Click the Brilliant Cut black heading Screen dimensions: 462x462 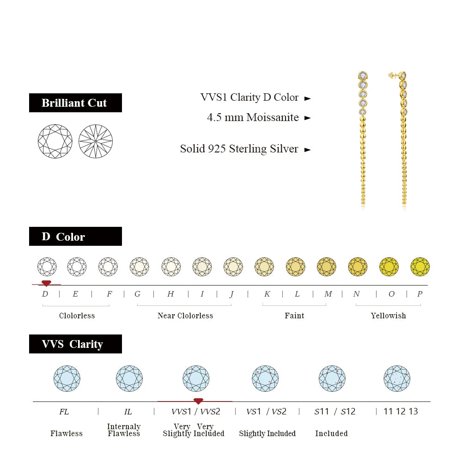(75, 103)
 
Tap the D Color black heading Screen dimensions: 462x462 (75, 237)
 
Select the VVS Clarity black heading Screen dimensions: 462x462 (75, 344)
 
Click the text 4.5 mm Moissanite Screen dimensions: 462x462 (253, 117)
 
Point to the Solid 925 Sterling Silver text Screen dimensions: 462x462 (239, 149)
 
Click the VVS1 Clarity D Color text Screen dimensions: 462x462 (249, 97)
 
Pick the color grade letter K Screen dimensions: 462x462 (267, 294)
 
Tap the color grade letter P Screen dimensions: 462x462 (419, 294)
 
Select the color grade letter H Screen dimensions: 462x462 (170, 294)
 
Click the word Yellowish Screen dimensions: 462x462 (388, 316)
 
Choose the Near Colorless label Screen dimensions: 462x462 (185, 316)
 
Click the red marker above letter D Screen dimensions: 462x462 (46, 283)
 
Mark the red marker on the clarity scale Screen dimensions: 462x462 (198, 401)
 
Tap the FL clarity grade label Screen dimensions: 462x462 (64, 411)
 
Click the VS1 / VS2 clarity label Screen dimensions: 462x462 (267, 411)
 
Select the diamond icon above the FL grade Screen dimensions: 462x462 (67, 378)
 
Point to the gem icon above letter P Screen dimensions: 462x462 (420, 267)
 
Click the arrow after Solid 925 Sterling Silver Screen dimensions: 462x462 (308, 149)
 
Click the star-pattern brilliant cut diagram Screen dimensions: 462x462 (96, 141)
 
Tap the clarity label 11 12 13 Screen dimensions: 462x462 (401, 411)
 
